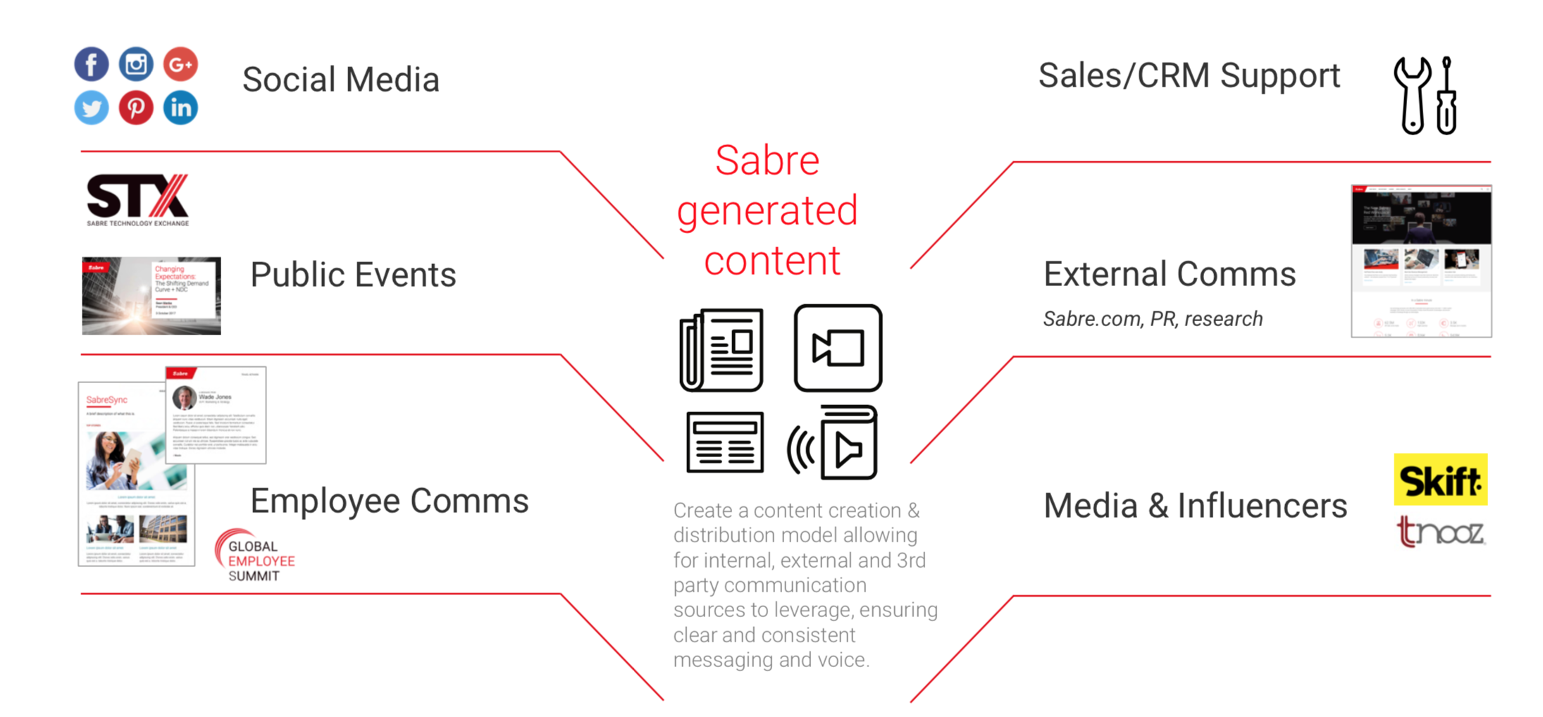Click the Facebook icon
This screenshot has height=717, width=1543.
point(92,65)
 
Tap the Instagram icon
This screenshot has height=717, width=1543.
point(136,65)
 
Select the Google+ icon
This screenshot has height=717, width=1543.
point(180,65)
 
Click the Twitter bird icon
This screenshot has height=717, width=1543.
point(92,108)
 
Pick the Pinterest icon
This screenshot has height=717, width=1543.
point(136,108)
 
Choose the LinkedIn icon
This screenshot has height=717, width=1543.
point(180,108)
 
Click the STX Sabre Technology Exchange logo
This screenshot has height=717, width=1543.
point(138,200)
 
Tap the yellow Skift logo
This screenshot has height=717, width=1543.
point(1440,480)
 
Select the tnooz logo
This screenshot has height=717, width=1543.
point(1440,532)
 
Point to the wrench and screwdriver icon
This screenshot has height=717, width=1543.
point(1425,95)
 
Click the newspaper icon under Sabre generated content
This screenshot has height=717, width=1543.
point(721,350)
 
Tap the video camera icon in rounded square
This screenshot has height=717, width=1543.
point(838,348)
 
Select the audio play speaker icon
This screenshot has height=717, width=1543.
point(834,443)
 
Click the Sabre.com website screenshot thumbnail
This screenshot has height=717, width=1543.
point(1421,261)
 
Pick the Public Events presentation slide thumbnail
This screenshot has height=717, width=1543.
point(151,296)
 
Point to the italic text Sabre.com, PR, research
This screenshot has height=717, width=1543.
point(1153,319)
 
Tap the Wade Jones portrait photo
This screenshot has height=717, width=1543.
point(185,398)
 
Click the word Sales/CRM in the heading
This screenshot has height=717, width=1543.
point(1123,76)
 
